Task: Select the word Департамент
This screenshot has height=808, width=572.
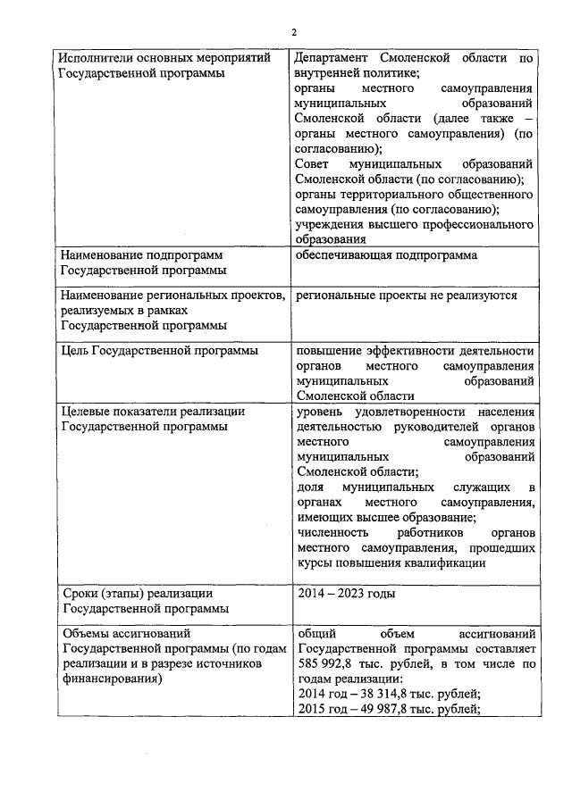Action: click(335, 58)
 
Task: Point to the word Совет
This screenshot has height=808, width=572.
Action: click(312, 164)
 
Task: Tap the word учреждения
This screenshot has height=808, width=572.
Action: click(332, 224)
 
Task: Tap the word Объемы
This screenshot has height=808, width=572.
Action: click(87, 634)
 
